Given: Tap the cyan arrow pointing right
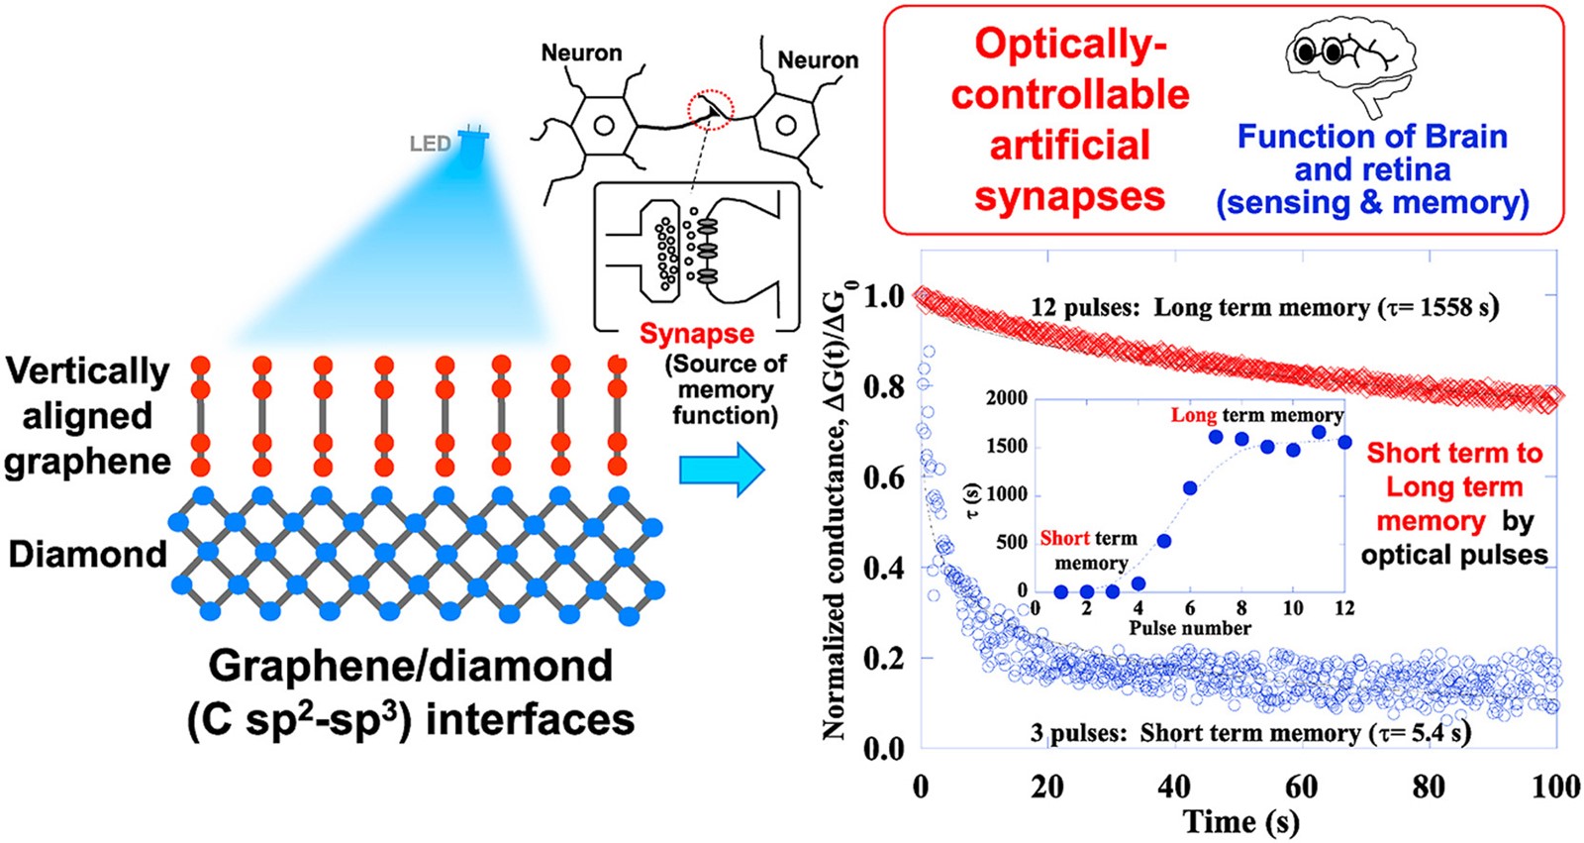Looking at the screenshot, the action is [x=722, y=470].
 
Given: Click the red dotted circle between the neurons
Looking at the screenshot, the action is [x=712, y=110].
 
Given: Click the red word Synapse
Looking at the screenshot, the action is [x=697, y=334].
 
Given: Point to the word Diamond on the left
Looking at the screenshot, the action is [x=88, y=554].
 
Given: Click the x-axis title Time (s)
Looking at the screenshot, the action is [x=1241, y=822].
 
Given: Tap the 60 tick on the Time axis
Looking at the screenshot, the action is [x=1301, y=787].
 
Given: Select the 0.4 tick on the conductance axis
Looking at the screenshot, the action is [x=884, y=569].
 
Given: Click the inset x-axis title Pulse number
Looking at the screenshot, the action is [x=1190, y=628].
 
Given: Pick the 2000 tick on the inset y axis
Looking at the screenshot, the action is [x=1007, y=398].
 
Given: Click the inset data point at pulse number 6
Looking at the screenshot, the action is [x=1190, y=487].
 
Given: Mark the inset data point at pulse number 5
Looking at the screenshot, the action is [x=1164, y=541].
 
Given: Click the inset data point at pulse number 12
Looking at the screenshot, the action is [x=1345, y=443].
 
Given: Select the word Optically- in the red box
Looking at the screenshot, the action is [x=1070, y=44].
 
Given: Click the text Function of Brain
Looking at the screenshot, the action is [x=1372, y=137].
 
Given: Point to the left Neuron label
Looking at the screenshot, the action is [x=581, y=53].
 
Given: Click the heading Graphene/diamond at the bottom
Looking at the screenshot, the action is [x=410, y=666].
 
